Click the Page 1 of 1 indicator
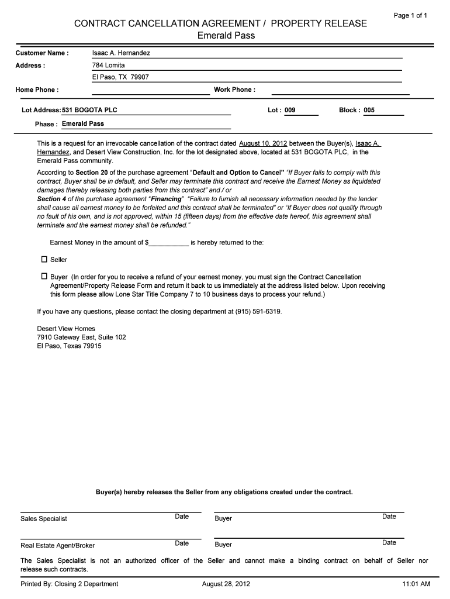pyautogui.click(x=410, y=16)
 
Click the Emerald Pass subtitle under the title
pyautogui.click(x=226, y=36)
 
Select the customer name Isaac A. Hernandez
pyautogui.click(x=121, y=53)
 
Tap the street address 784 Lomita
pyautogui.click(x=109, y=66)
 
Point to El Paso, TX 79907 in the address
pyautogui.click(x=120, y=77)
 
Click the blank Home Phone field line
pyautogui.click(x=150, y=90)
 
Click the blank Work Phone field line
pyautogui.click(x=341, y=90)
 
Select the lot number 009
pyautogui.click(x=290, y=110)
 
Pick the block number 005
pyautogui.click(x=369, y=110)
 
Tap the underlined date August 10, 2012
pyautogui.click(x=263, y=143)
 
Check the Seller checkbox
pyautogui.click(x=44, y=259)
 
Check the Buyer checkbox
pyautogui.click(x=44, y=276)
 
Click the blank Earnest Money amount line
pyautogui.click(x=169, y=242)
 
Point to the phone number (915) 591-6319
pyautogui.click(x=258, y=312)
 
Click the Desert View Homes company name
pyautogui.click(x=66, y=329)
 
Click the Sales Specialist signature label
pyautogui.click(x=44, y=519)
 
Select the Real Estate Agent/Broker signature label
pyautogui.click(x=57, y=546)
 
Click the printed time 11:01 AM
pyautogui.click(x=416, y=584)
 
